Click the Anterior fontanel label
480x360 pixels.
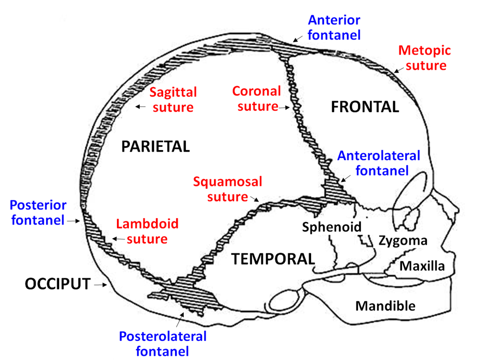click(x=334, y=28)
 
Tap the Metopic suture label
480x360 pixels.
click(x=424, y=58)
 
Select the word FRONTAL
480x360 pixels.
click(x=365, y=107)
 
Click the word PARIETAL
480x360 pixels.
click(x=155, y=146)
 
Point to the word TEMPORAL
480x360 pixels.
click(x=273, y=259)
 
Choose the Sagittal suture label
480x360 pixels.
click(x=173, y=100)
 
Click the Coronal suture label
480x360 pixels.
click(x=256, y=99)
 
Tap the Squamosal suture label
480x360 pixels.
click(x=228, y=189)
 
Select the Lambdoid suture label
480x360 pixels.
click(x=147, y=232)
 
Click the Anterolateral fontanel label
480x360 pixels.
click(x=379, y=163)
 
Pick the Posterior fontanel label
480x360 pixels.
click(x=37, y=212)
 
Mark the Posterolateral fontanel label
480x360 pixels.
click(x=163, y=344)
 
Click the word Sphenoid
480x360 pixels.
click(x=331, y=226)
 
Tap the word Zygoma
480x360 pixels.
click(x=403, y=241)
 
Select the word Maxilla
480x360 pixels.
click(x=422, y=266)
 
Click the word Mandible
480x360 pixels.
click(x=385, y=305)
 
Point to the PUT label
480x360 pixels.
click(x=75, y=284)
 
